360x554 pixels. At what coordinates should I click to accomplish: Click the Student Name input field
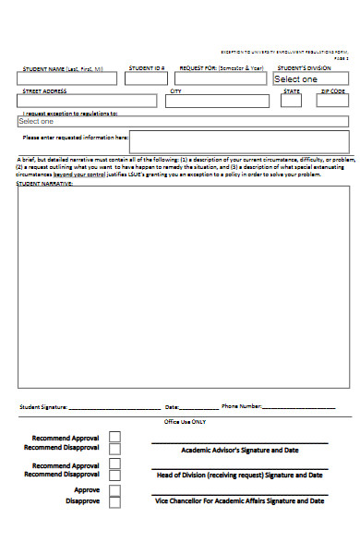[x=66, y=79]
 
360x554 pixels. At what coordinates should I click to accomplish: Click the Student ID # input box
[x=146, y=79]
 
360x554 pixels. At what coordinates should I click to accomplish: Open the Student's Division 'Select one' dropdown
[x=310, y=79]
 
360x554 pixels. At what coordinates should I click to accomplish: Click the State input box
[x=292, y=102]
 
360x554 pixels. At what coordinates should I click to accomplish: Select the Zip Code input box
[x=333, y=102]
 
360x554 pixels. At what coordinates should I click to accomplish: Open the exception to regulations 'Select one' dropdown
[x=183, y=121]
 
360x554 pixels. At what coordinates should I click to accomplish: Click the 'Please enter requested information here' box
[x=239, y=141]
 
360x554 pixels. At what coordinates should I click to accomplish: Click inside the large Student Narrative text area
[x=184, y=286]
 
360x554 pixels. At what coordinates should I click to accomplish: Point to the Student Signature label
[x=43, y=406]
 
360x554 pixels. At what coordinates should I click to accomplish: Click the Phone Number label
[x=242, y=406]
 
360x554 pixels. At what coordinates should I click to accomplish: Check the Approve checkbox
[x=114, y=490]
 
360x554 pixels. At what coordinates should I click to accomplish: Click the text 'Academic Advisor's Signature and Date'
[x=239, y=451]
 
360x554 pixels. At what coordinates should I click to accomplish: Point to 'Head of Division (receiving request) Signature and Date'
[x=239, y=475]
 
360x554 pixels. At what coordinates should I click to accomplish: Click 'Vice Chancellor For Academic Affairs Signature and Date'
[x=239, y=500]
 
